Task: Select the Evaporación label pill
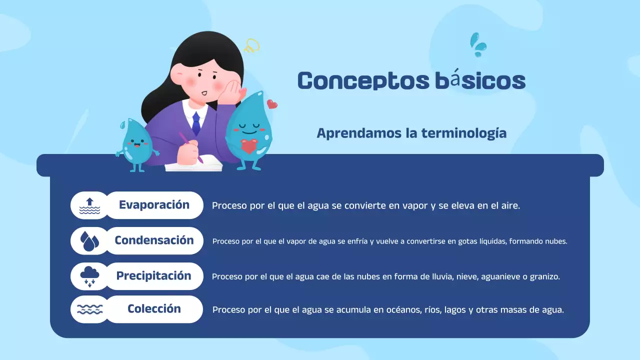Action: point(154,205)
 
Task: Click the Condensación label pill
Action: point(154,240)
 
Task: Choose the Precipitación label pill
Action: point(154,276)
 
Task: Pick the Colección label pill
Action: point(154,309)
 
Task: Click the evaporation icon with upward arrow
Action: point(89,205)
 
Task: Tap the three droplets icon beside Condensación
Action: point(89,241)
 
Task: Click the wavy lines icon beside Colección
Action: point(89,309)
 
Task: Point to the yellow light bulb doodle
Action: point(251,46)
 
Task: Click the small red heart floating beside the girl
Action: point(272,104)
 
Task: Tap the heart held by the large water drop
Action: point(248,146)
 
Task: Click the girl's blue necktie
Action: point(196,123)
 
